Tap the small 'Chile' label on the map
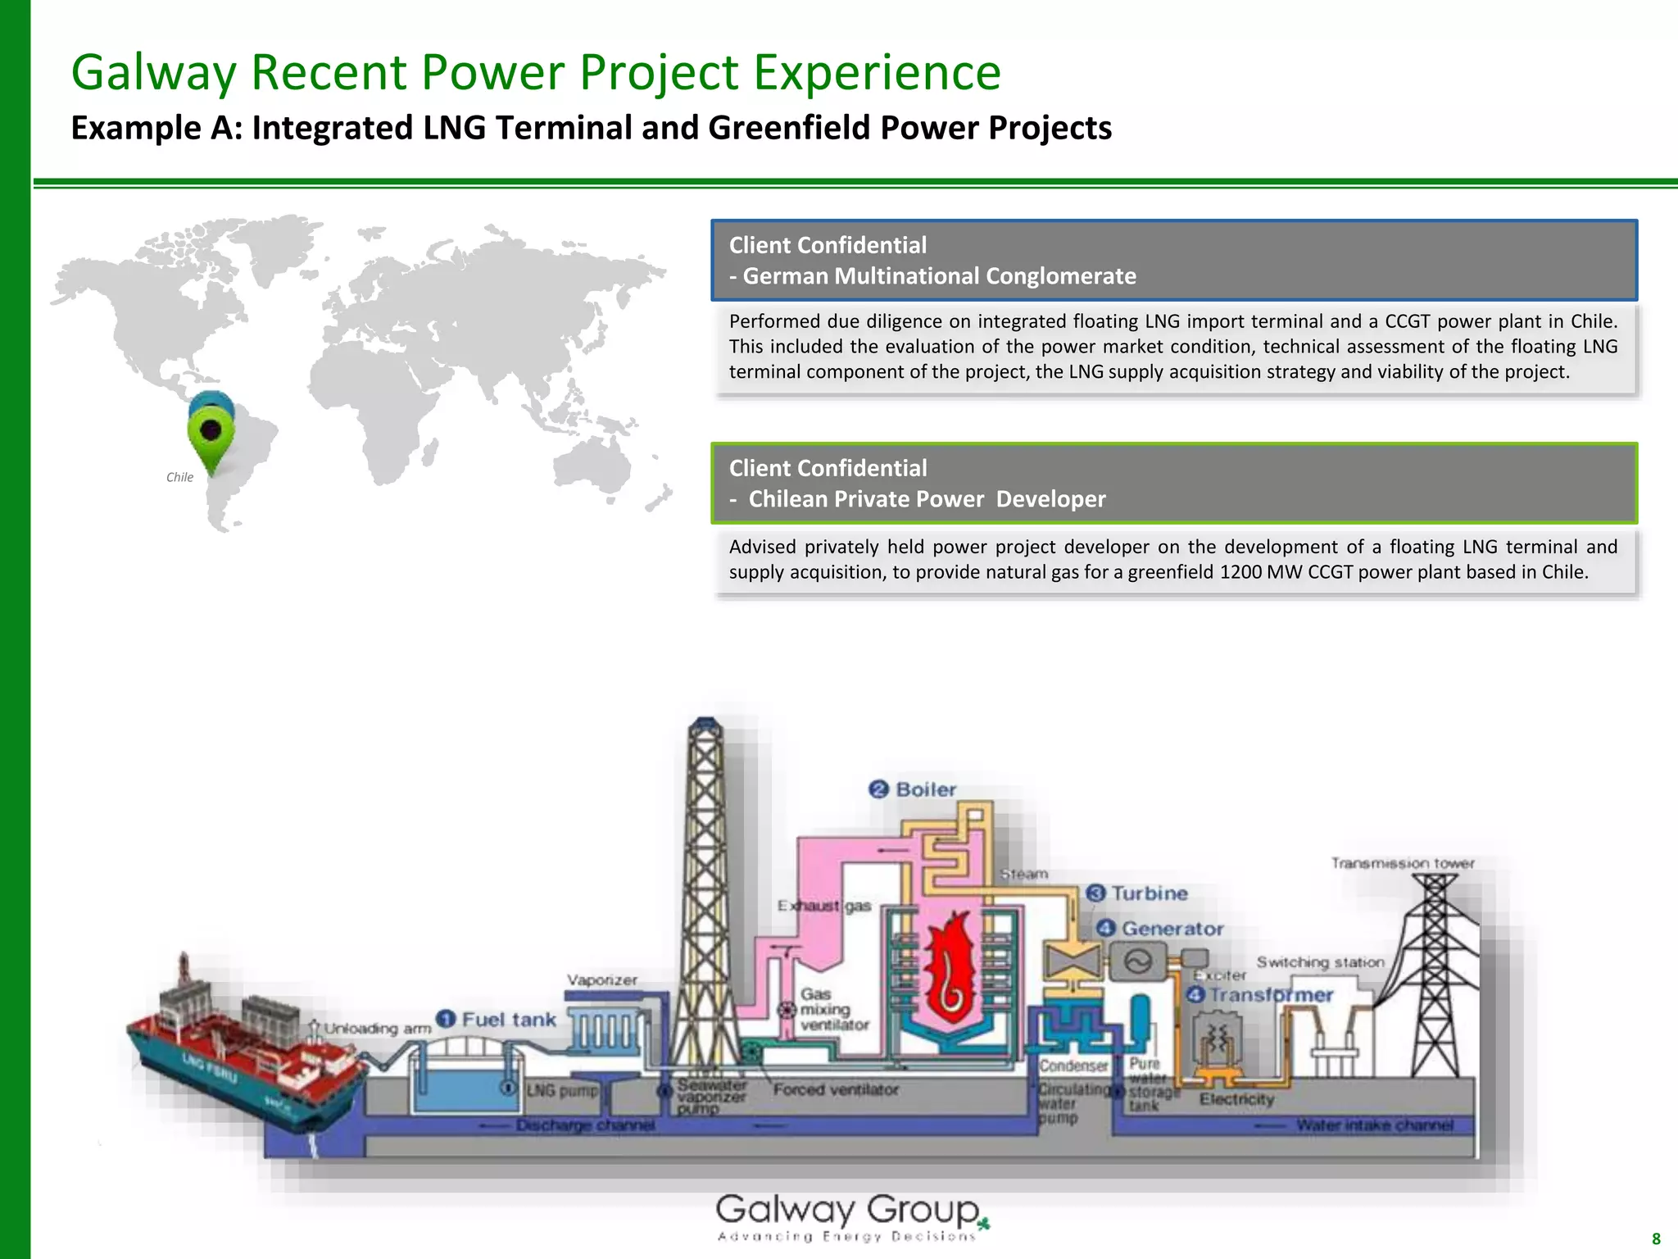coord(179,477)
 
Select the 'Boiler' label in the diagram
coord(925,789)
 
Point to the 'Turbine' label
coord(1149,893)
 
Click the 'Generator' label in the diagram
coord(1172,929)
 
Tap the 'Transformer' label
coord(1271,995)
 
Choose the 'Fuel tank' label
coord(508,1020)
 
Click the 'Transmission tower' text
coord(1402,863)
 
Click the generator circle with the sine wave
coord(1137,961)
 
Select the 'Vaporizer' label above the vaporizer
coord(602,980)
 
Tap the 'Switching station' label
coord(1320,962)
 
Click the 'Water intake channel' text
coord(1374,1125)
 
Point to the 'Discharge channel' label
coord(585,1125)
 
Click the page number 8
coord(1656,1239)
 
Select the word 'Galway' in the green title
coord(153,72)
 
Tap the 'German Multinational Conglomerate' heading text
coord(939,276)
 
